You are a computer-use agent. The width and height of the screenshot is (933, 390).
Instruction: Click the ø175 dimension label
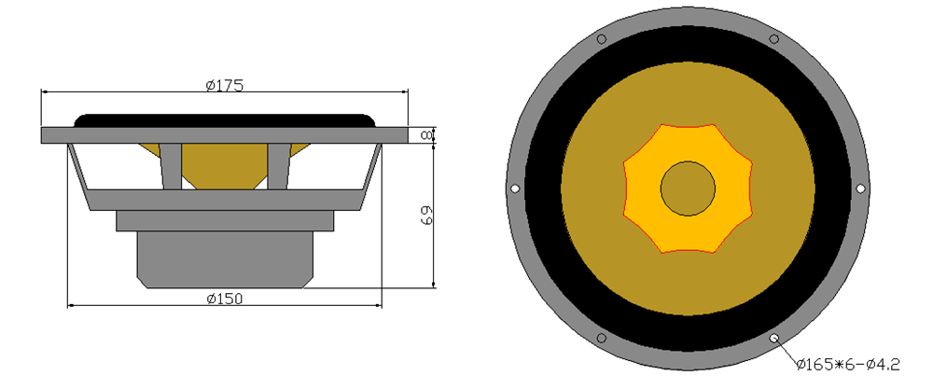(x=225, y=85)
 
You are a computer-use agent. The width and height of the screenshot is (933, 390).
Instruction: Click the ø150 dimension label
(x=225, y=299)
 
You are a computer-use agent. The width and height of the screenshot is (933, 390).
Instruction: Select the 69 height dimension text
(x=426, y=215)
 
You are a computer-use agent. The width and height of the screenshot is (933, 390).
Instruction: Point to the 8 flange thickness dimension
(x=426, y=135)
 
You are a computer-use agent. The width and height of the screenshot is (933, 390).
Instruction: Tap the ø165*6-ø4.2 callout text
(x=848, y=364)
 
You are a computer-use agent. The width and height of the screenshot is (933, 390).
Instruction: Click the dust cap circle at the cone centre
(x=688, y=188)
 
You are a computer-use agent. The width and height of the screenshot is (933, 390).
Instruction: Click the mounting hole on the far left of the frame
(x=515, y=188)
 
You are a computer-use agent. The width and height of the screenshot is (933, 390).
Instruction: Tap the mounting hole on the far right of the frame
(x=860, y=188)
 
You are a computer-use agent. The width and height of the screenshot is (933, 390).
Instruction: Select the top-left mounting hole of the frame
(x=602, y=39)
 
